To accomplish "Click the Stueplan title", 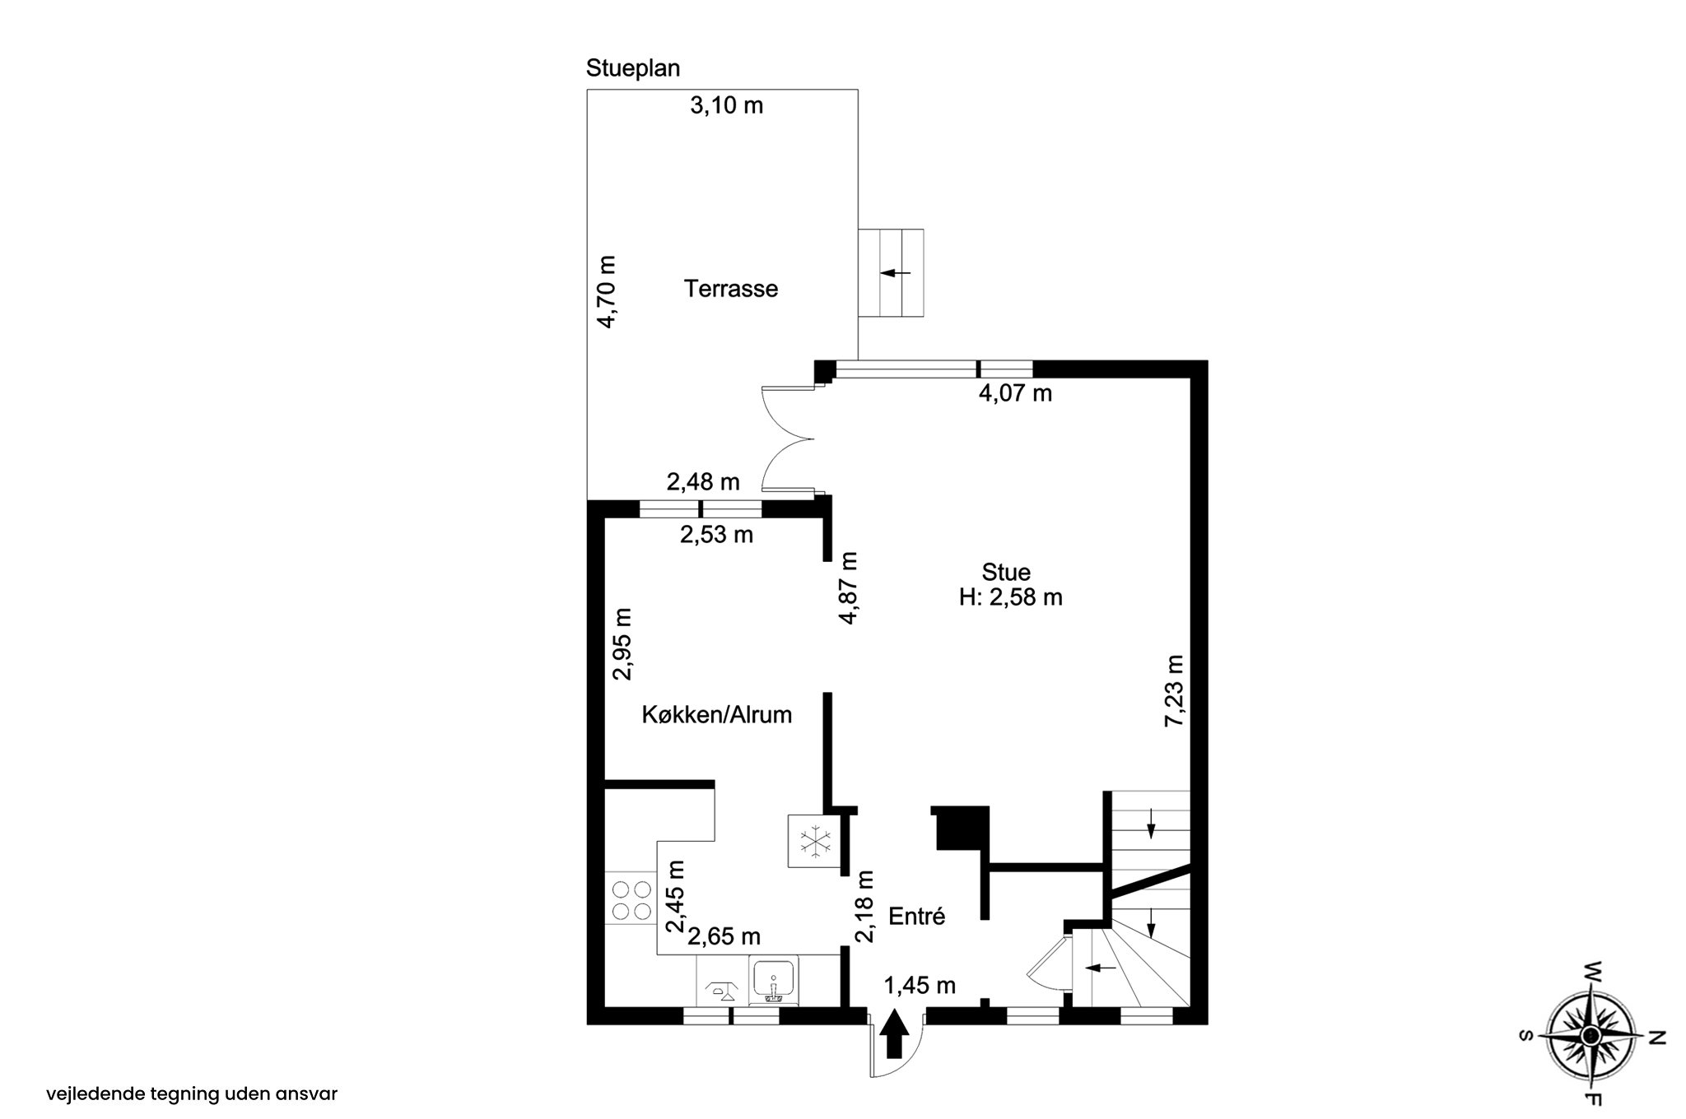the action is point(633,68).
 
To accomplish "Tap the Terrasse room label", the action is point(731,289).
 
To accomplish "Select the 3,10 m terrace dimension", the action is point(726,105).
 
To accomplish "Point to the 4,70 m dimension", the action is point(606,292).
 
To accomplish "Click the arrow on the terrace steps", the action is point(896,272).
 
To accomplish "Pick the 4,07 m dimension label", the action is point(1015,393).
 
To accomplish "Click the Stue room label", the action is point(1006,572).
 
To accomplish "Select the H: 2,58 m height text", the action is point(1011,597).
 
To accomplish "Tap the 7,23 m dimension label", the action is point(1173,691).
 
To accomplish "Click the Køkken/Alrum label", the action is point(717,715).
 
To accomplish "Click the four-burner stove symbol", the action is point(631,899).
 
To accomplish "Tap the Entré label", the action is point(917,917).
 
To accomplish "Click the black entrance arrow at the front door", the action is point(895,1035).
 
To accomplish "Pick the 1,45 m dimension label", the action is point(920,985).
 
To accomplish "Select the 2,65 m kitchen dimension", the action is point(724,936).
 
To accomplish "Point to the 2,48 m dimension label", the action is point(703,481).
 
